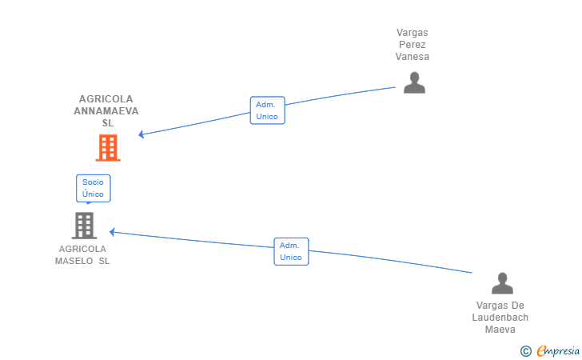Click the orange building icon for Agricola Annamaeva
[108, 148]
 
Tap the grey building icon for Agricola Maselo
[84, 226]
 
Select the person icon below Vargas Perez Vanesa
[414, 83]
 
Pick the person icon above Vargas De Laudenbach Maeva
[502, 284]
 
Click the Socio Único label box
[93, 188]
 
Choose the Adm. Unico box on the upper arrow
[267, 110]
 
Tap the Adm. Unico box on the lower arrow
[291, 251]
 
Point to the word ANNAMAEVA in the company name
[106, 111]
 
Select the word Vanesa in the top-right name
[413, 57]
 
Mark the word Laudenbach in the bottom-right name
[500, 318]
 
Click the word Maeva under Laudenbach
[500, 330]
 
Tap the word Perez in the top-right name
[413, 45]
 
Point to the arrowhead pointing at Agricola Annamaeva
[142, 134]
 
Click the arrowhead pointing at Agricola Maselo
[113, 232]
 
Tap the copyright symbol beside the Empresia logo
[525, 350]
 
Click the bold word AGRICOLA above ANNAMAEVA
[106, 99]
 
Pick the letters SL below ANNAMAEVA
[108, 123]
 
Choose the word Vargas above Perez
[413, 33]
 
